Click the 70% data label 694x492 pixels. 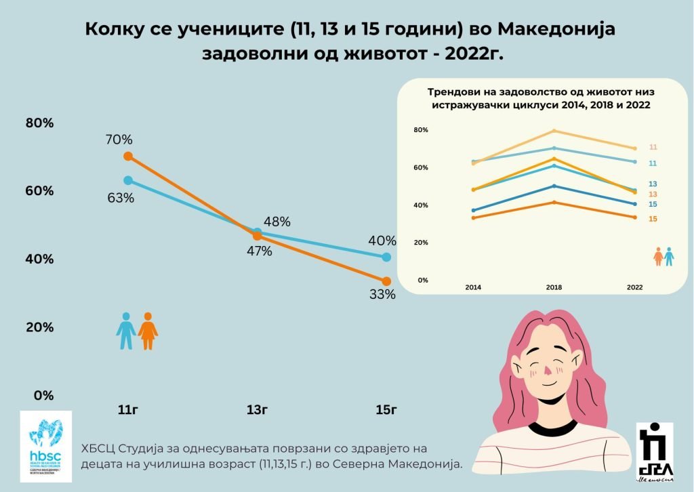click(119, 140)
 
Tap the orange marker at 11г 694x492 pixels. click(127, 157)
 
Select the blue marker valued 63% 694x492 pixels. click(127, 180)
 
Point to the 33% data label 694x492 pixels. click(382, 295)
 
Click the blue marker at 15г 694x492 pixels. click(386, 257)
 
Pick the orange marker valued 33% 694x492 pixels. click(386, 281)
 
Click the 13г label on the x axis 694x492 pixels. click(258, 409)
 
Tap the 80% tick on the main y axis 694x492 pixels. click(39, 123)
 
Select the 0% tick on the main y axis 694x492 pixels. click(43, 395)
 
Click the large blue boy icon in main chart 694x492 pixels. click(126, 331)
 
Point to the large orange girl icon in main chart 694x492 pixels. click(148, 331)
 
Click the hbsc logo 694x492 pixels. click(45, 445)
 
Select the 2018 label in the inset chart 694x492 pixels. click(554, 287)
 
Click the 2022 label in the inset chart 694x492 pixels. click(634, 287)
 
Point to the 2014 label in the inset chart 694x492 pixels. click(473, 287)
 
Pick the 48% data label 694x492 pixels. click(277, 222)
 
